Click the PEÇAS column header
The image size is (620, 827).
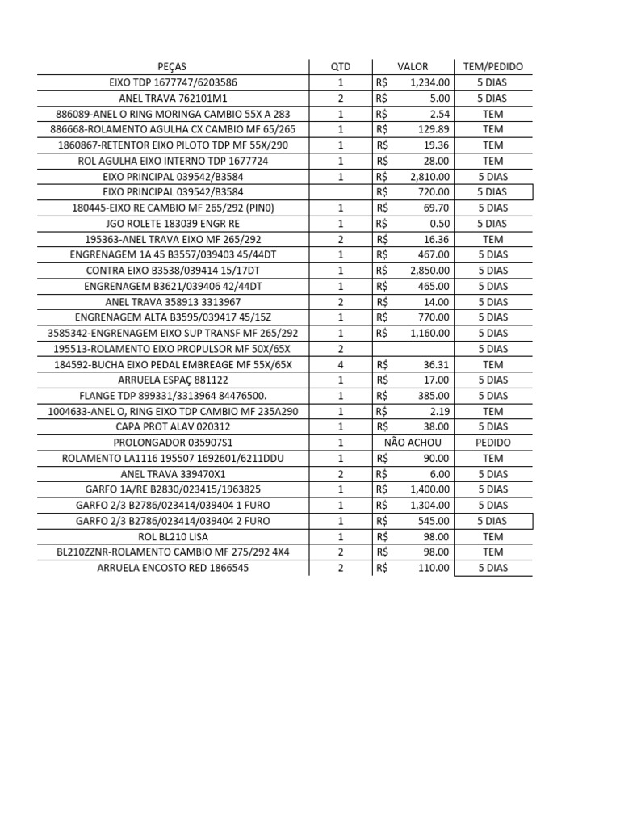174,67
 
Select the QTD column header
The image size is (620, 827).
341,67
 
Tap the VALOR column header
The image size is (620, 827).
413,67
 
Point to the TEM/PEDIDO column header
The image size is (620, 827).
492,67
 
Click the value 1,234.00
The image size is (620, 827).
430,82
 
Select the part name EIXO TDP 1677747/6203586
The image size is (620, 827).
174,82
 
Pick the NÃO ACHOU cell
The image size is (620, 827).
413,443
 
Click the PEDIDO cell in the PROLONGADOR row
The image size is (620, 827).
492,443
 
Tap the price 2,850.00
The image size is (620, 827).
430,271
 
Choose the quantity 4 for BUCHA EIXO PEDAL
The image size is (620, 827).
341,364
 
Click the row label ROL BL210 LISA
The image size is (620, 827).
174,536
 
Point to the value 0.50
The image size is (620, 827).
440,224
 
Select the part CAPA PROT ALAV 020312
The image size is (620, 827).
174,427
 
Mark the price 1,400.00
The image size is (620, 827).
430,489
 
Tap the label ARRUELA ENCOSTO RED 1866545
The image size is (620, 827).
174,568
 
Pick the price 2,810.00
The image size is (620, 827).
430,177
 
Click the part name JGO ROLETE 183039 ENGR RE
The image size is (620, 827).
174,224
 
